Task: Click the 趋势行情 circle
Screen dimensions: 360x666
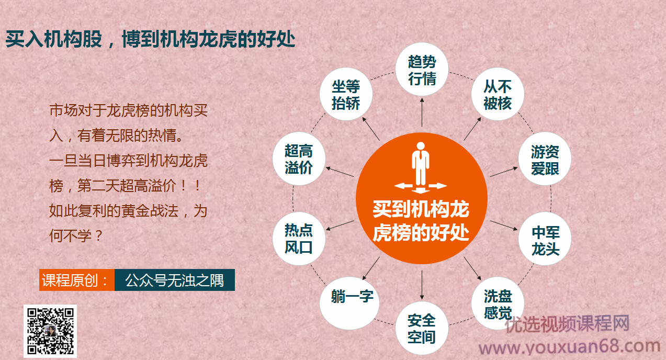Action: [422, 70]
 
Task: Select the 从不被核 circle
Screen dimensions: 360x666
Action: [497, 95]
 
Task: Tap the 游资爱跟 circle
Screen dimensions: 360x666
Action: [545, 160]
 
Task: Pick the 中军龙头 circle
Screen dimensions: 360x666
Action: [545, 240]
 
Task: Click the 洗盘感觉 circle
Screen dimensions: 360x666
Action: [498, 304]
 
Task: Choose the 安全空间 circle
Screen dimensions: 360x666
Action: [422, 328]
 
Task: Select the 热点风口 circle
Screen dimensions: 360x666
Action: [299, 239]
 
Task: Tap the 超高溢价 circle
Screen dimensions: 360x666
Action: [299, 159]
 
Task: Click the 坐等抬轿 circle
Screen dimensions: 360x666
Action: [346, 95]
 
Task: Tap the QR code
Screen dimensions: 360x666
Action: [50, 331]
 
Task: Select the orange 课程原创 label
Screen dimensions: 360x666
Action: [76, 280]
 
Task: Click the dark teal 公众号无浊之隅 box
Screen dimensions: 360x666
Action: [174, 280]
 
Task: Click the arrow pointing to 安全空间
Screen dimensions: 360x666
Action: [422, 286]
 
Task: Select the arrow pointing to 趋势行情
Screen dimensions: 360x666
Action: [422, 112]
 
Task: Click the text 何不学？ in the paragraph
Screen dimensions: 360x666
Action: [76, 235]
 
